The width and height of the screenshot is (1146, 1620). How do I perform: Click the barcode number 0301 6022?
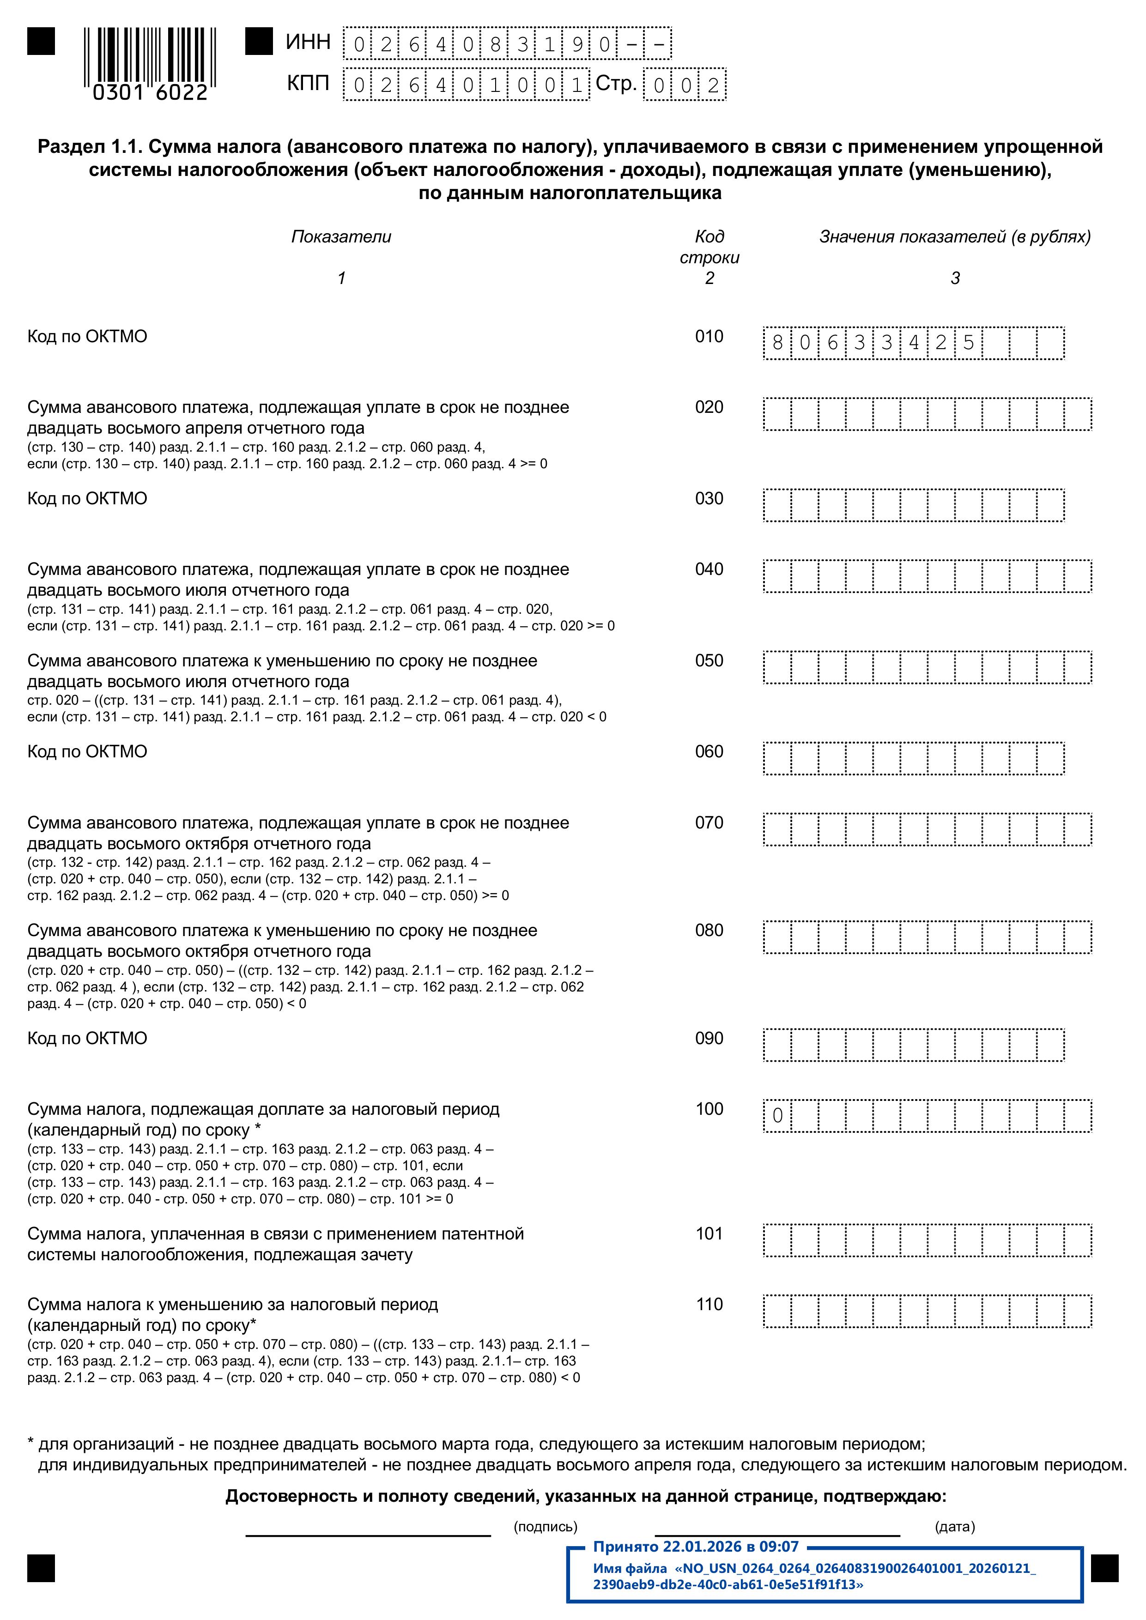click(x=150, y=92)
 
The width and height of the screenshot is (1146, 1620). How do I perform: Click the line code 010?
click(x=709, y=337)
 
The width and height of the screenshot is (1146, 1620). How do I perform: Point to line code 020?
click(x=709, y=407)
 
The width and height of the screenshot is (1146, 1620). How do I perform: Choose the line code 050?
click(x=709, y=661)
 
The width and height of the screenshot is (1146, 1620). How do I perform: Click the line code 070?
click(x=709, y=823)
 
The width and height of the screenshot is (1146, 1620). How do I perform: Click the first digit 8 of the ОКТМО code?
click(x=778, y=343)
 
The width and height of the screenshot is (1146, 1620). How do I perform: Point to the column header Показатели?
click(x=341, y=237)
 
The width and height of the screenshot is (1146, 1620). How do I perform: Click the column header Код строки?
click(x=709, y=247)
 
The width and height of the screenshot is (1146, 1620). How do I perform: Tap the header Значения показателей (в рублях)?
click(x=955, y=237)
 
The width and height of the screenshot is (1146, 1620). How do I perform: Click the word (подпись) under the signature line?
click(x=546, y=1527)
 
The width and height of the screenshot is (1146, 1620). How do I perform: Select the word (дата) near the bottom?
click(x=955, y=1527)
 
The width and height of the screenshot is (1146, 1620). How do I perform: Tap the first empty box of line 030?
click(x=777, y=506)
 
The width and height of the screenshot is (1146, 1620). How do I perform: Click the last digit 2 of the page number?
click(x=713, y=85)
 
